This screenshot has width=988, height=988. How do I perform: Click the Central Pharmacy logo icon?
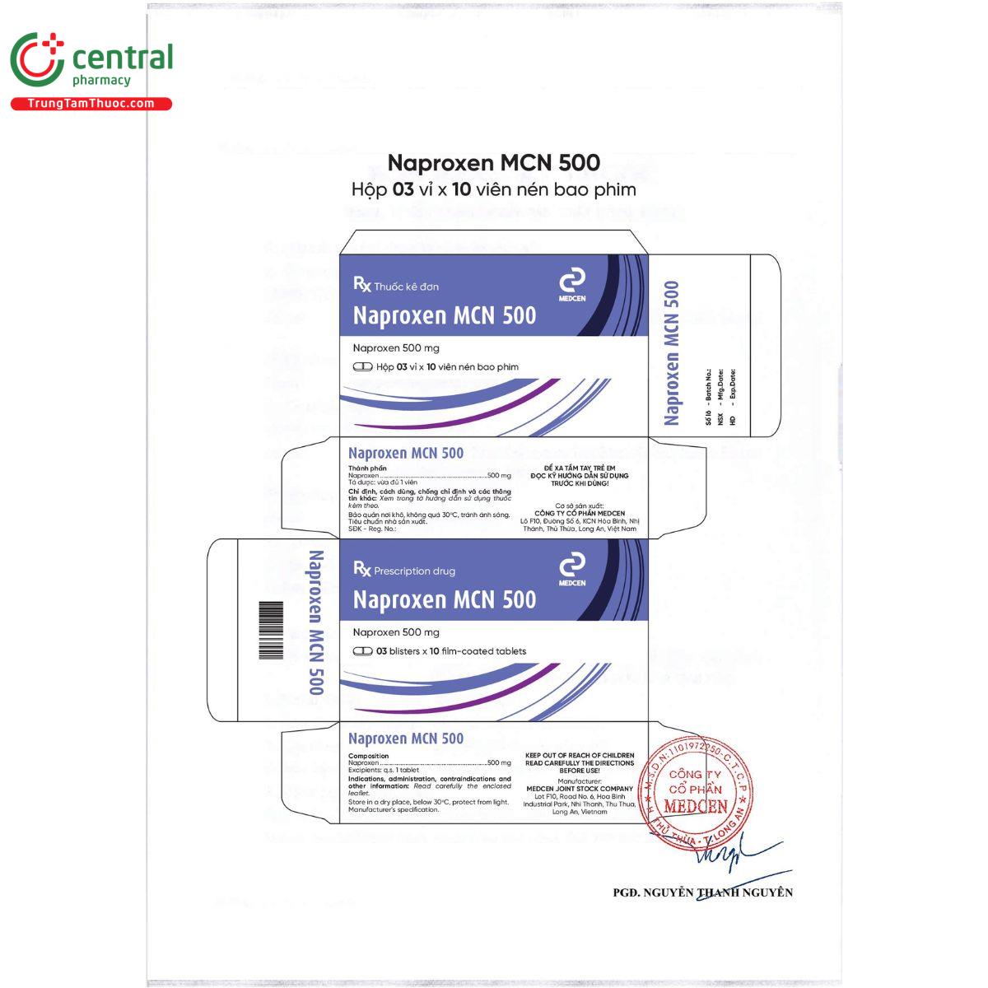point(37,60)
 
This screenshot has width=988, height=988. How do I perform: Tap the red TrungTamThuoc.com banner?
point(91,104)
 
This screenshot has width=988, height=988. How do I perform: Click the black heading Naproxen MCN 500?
point(493,162)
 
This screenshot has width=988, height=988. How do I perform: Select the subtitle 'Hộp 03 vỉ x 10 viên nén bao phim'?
point(493,189)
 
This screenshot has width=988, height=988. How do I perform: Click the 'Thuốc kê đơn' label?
point(405,287)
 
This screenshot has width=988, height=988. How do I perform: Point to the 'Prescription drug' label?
point(413,571)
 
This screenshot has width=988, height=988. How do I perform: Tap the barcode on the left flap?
point(271,630)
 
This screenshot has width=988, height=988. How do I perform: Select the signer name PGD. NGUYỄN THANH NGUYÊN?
point(702,892)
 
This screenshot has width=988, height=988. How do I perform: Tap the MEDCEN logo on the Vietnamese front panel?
point(571,285)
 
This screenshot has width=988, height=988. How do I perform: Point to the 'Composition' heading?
point(368,756)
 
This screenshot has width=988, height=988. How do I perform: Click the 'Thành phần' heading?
point(367,468)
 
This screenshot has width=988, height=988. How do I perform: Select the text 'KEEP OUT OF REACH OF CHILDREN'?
point(580,755)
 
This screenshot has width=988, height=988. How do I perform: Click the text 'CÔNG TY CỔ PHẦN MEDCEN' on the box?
point(580,513)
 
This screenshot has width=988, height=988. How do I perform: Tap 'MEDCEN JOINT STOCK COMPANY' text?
point(580,789)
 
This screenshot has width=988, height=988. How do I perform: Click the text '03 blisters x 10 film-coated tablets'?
point(450,651)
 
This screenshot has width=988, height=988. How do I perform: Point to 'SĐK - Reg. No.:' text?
point(372,529)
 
